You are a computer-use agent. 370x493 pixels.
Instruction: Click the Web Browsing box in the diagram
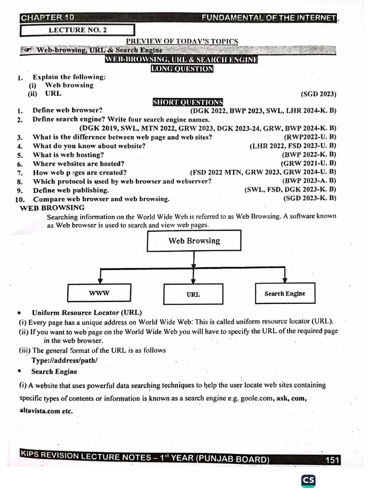pos(194,241)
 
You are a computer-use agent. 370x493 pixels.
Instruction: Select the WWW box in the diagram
pos(99,293)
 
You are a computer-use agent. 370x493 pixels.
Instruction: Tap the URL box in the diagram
pos(193,294)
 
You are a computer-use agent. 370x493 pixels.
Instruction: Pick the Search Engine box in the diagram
pos(284,294)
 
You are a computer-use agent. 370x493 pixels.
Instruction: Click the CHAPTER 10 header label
pos(48,18)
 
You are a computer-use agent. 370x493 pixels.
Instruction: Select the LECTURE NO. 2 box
pos(78,30)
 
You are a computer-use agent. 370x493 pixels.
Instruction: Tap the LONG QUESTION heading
pos(182,69)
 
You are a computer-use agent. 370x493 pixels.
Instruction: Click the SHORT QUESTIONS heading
pos(188,102)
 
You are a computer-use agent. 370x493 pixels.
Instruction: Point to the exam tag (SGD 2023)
pos(318,94)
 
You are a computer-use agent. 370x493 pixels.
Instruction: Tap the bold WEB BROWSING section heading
pos(52,208)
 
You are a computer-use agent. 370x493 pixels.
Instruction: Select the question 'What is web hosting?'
pos(68,155)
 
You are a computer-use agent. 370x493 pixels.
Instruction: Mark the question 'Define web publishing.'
pos(71,190)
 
